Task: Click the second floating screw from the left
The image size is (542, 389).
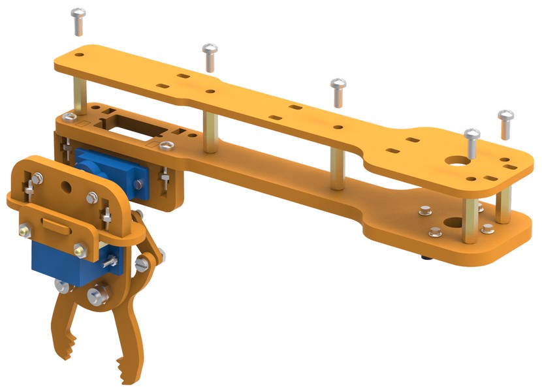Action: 210,56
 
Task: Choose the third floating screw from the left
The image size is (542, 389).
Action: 338,91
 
